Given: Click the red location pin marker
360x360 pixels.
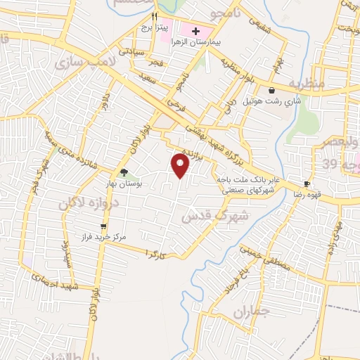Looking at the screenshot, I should (181, 166).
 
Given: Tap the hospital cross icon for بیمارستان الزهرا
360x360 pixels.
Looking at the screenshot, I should (195, 31).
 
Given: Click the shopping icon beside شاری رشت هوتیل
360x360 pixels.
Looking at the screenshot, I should (271, 90).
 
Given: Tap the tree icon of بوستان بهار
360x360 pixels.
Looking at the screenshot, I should (124, 172).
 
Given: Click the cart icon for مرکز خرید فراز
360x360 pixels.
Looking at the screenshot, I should (104, 226).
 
